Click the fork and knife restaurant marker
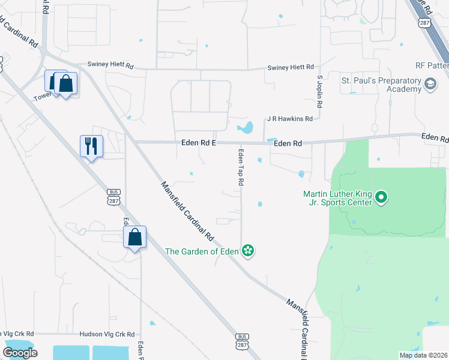click(91, 145)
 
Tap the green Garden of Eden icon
click(248, 251)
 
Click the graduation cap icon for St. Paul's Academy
click(430, 85)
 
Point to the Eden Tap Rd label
click(241, 167)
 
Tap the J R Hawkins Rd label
click(290, 119)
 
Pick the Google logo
click(20, 353)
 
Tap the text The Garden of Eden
click(202, 251)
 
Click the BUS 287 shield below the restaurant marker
click(113, 197)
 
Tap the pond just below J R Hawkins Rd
click(245, 128)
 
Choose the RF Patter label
click(432, 65)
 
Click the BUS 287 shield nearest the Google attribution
click(241, 340)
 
